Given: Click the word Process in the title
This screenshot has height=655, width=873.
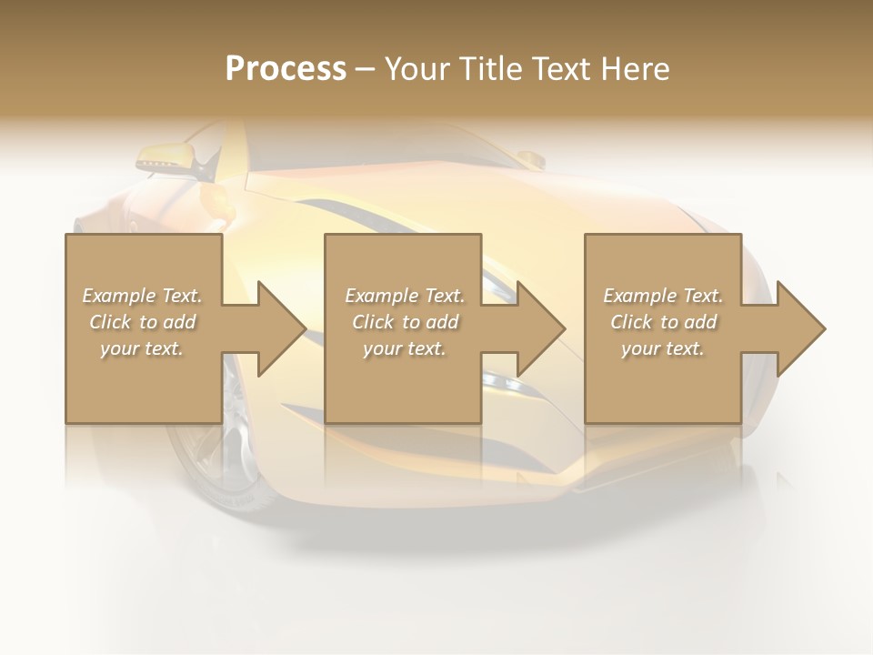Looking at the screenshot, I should click(286, 69).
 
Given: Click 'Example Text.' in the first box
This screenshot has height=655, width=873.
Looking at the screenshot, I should click(142, 296).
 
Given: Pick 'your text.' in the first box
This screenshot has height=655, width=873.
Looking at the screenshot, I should click(142, 348).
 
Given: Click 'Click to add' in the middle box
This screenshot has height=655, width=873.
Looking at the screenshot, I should click(405, 322).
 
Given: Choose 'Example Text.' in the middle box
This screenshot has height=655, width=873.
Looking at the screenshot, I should click(405, 296).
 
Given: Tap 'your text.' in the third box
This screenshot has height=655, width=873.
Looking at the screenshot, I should click(663, 348).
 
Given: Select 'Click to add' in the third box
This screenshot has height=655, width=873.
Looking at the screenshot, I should click(663, 322).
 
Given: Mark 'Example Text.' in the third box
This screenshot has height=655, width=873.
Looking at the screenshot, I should click(663, 296).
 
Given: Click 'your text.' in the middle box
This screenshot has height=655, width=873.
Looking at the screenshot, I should click(405, 348).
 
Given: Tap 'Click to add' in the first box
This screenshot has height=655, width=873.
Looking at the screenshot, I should click(142, 322).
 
